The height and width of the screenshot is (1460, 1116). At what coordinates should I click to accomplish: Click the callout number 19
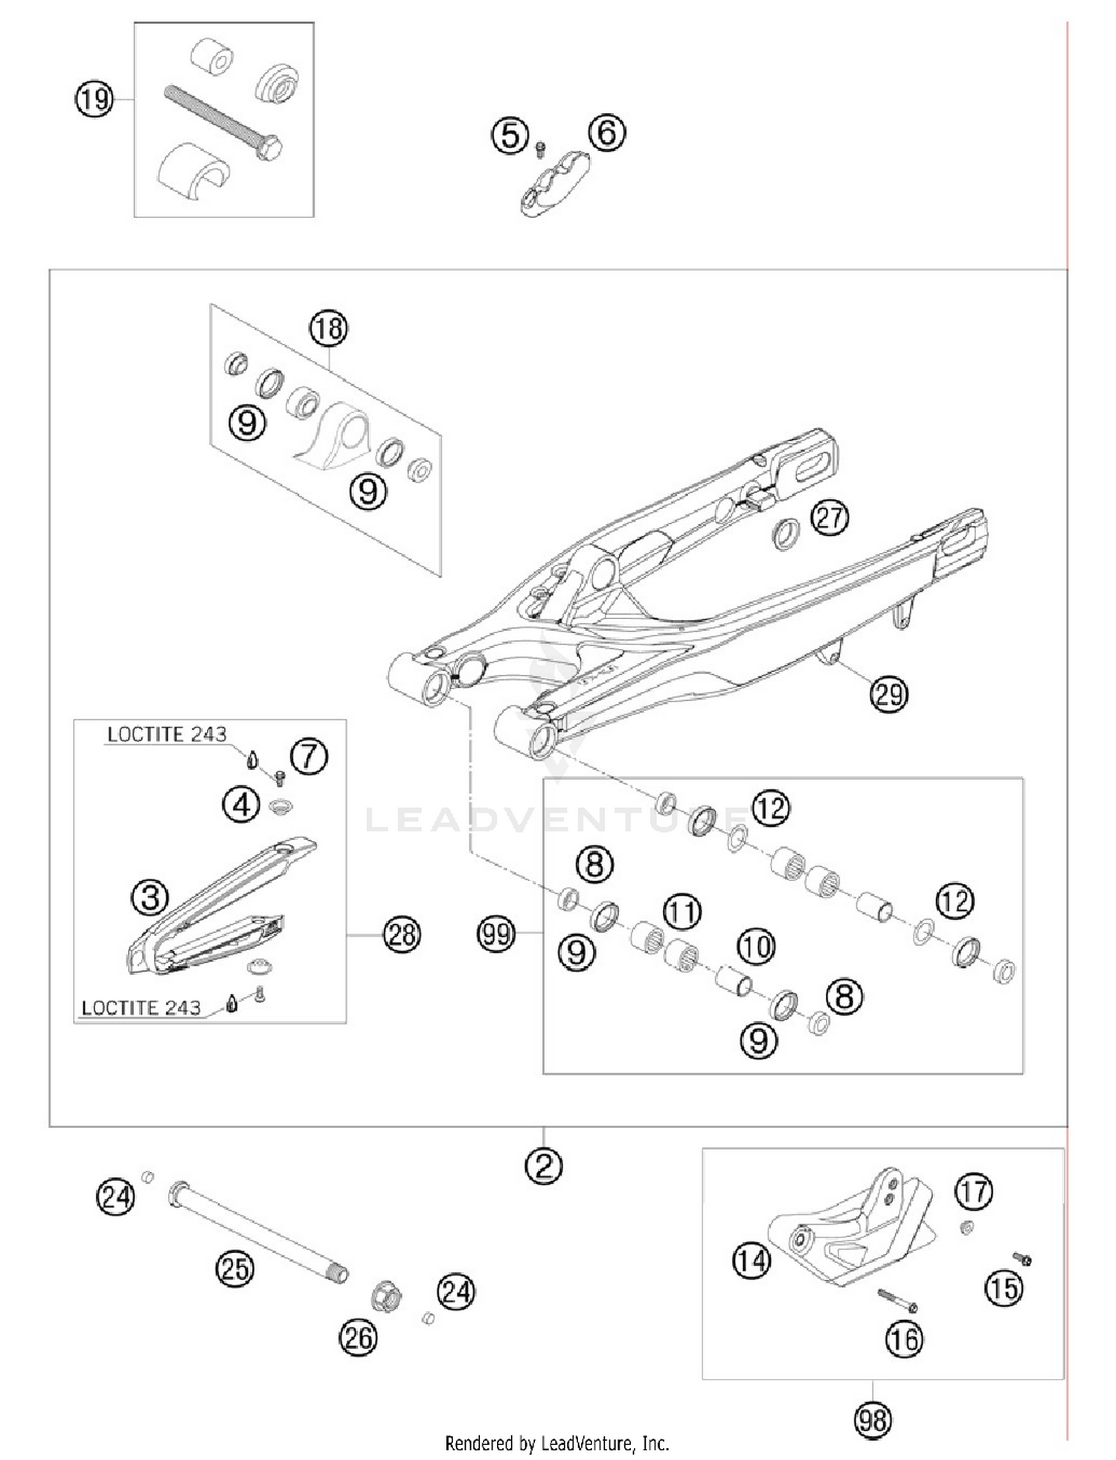(x=94, y=98)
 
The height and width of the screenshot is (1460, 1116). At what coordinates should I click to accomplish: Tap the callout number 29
(x=889, y=694)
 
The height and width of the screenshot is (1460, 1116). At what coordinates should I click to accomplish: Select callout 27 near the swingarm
(x=829, y=517)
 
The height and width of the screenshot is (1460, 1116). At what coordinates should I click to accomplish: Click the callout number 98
(x=873, y=1420)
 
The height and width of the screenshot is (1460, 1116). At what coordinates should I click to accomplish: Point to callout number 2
(x=544, y=1166)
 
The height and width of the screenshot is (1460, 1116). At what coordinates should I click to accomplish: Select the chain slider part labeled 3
(x=223, y=904)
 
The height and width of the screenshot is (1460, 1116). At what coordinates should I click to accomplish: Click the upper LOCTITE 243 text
(x=167, y=734)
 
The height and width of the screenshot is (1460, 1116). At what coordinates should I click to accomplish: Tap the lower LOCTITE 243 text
(x=141, y=1008)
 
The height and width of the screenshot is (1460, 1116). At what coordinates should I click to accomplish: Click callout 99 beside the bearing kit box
(x=496, y=933)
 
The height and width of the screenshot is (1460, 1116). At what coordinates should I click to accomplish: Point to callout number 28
(x=402, y=934)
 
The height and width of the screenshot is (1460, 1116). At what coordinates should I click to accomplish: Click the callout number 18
(x=329, y=327)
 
